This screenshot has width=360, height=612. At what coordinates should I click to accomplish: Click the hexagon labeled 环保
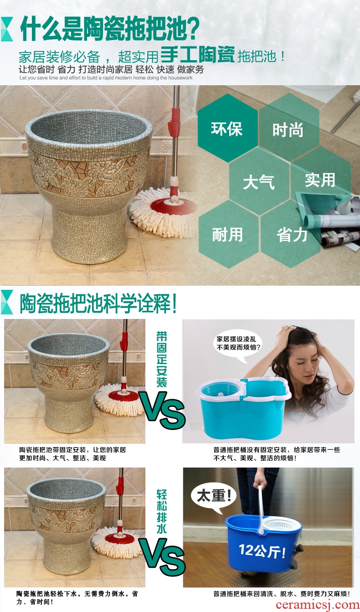tap(227, 128)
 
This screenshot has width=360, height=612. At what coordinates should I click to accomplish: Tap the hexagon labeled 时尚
tap(289, 129)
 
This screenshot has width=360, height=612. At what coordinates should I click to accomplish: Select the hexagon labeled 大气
tap(259, 181)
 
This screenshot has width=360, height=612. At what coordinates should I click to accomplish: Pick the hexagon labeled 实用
tap(320, 180)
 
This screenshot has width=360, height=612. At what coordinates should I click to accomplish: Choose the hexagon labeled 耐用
tap(228, 234)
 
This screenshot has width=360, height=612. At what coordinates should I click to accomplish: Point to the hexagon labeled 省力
tap(291, 234)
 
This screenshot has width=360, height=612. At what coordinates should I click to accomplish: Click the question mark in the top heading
tap(193, 28)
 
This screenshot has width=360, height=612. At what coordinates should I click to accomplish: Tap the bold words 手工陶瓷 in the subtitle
tap(197, 54)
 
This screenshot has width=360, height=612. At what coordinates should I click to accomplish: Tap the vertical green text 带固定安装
tap(161, 359)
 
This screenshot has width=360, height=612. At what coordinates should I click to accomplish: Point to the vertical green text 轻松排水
tap(161, 512)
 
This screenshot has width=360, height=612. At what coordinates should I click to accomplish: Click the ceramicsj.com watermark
tap(317, 605)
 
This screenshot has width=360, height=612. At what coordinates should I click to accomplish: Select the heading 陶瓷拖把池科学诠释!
tap(98, 303)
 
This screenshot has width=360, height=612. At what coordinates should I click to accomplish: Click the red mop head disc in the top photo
tap(174, 206)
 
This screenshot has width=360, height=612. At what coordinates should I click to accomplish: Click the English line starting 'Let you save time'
tap(106, 78)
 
